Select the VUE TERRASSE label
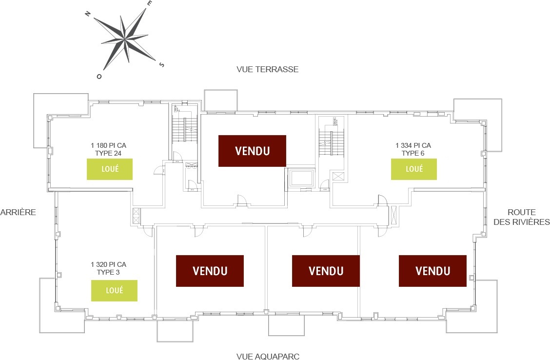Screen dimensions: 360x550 coord(267,69)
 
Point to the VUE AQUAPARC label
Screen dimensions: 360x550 coord(267,356)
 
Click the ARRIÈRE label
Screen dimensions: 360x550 coord(18,212)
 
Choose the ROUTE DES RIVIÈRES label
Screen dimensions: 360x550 coord(522,218)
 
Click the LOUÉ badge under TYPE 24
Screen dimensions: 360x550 coord(110,169)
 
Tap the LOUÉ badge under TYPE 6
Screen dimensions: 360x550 coord(414,169)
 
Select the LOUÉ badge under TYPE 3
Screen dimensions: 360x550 coord(115,290)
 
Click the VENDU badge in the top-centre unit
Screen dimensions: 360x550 coord(252,151)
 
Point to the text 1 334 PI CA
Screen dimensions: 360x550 coord(413,145)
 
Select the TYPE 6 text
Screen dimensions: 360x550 coord(413,153)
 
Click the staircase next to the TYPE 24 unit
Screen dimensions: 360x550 coord(185,129)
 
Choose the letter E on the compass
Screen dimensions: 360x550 coord(150,3)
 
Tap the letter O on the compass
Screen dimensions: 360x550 coord(99,77)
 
